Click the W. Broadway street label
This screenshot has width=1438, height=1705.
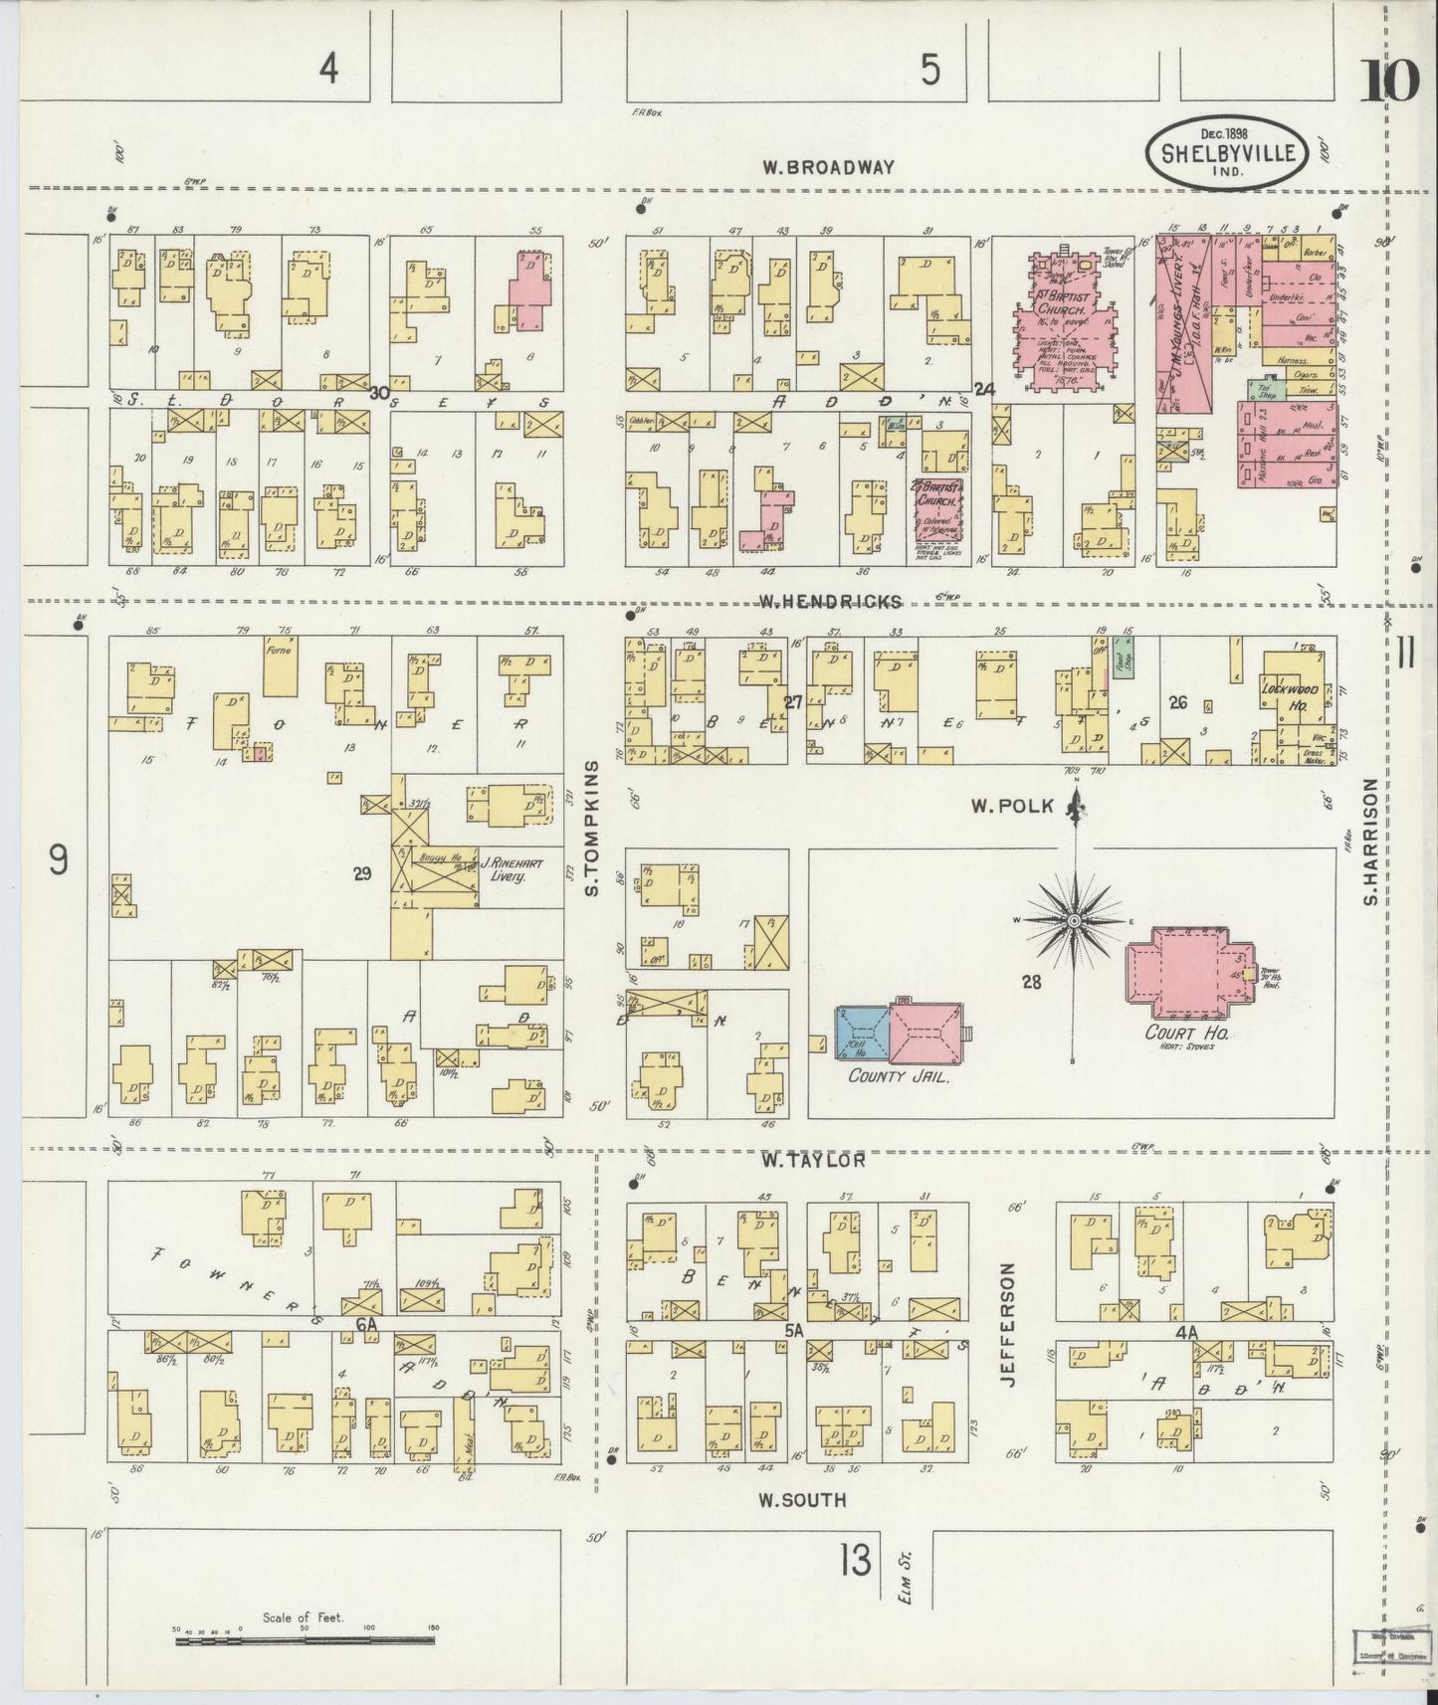click(x=828, y=167)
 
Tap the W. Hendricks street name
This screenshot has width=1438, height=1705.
click(x=830, y=601)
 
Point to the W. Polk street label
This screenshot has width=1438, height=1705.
click(x=1011, y=807)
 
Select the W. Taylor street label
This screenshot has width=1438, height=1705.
click(x=812, y=1159)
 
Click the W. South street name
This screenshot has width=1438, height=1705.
click(x=806, y=1499)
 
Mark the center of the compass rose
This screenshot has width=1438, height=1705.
click(x=1074, y=922)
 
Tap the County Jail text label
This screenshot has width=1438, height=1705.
click(x=895, y=1075)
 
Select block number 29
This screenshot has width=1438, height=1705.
click(x=361, y=873)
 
